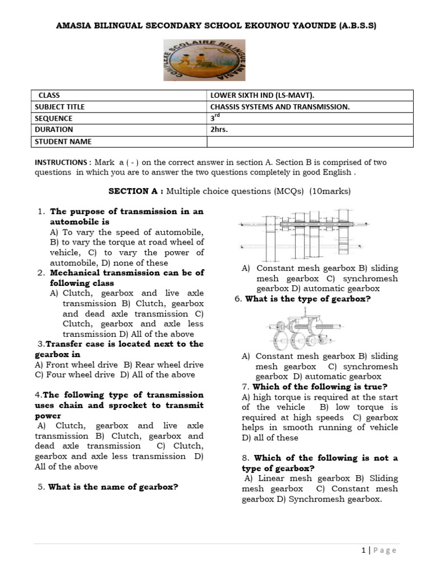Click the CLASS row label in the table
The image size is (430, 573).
click(49, 95)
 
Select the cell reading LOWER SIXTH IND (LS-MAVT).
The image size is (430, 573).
click(266, 95)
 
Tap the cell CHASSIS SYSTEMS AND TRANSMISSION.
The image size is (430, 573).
click(280, 106)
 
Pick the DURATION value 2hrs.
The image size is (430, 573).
click(217, 129)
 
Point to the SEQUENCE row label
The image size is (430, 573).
click(54, 118)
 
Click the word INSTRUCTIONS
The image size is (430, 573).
click(59, 162)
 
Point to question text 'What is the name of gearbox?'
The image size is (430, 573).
click(113, 487)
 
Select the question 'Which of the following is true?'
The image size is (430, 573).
click(320, 387)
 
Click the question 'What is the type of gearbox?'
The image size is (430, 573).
click(307, 299)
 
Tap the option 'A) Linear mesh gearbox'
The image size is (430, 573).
click(287, 478)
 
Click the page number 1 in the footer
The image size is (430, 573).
click(364, 550)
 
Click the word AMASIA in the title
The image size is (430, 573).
click(82, 26)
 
